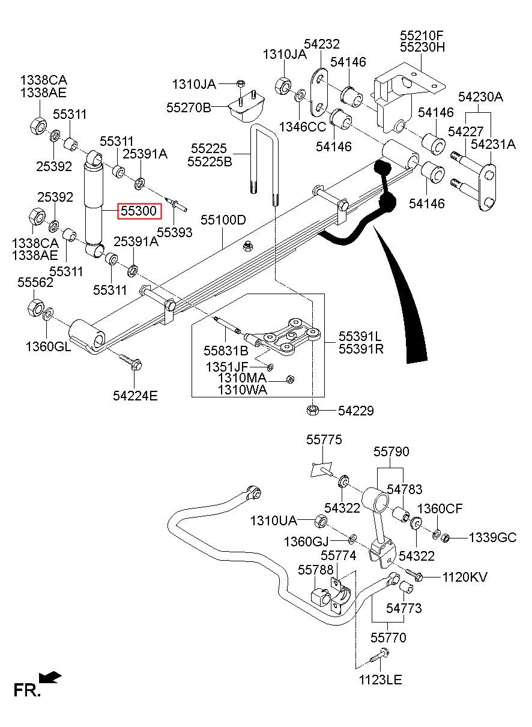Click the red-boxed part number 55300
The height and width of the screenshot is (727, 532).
pyautogui.click(x=139, y=211)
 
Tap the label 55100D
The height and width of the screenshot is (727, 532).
pyautogui.click(x=223, y=220)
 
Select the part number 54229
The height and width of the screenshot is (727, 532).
pyautogui.click(x=356, y=411)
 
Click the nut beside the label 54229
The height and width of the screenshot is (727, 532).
pyautogui.click(x=312, y=410)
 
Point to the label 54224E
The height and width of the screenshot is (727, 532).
pyautogui.click(x=135, y=396)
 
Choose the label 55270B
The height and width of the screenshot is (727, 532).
pyautogui.click(x=189, y=107)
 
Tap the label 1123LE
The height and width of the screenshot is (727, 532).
pyautogui.click(x=381, y=680)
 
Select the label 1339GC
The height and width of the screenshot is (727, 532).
pyautogui.click(x=493, y=538)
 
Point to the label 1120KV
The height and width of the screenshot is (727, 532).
pyautogui.click(x=465, y=578)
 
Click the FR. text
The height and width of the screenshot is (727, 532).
pyautogui.click(x=27, y=690)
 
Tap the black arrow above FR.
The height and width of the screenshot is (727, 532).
pyautogui.click(x=50, y=678)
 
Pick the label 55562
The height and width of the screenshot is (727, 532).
pyautogui.click(x=35, y=282)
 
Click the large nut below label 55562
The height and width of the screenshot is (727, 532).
pyautogui.click(x=35, y=307)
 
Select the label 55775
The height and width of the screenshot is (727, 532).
pyautogui.click(x=324, y=440)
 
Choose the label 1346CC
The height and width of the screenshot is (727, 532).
pyautogui.click(x=303, y=127)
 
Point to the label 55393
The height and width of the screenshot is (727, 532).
pyautogui.click(x=175, y=232)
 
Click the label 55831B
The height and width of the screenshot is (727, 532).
pyautogui.click(x=226, y=351)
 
